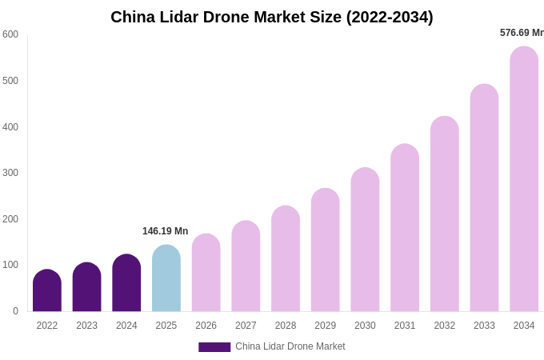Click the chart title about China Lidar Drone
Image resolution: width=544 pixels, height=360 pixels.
pos(272,17)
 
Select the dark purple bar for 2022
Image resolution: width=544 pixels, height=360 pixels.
pos(47,291)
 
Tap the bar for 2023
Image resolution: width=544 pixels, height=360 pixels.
pos(86,287)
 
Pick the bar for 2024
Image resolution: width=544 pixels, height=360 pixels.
pos(126,283)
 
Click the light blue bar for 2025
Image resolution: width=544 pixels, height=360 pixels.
pos(166,278)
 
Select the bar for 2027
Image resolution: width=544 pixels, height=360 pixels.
pos(246,266)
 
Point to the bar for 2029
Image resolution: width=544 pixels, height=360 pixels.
pos(326,250)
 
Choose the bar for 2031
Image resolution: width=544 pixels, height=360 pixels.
pos(405,228)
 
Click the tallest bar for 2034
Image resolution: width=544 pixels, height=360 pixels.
pos(524,179)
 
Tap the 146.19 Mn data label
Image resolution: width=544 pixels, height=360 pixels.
pos(166,231)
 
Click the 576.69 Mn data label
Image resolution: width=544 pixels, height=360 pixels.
pos(522,33)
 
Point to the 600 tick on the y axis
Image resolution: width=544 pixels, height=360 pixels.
pos(10,34)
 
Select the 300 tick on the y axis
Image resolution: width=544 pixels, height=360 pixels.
pos(10,173)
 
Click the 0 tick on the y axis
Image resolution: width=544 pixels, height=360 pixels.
pos(15,311)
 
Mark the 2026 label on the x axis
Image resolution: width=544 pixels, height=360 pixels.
pos(206,326)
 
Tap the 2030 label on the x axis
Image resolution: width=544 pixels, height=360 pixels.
pos(365,326)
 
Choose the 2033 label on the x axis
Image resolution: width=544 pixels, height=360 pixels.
pos(484,326)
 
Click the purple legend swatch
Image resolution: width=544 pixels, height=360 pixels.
pos(214,347)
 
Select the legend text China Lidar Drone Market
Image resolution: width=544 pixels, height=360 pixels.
pos(290,346)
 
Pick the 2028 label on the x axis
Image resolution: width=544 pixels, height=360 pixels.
pos(286,326)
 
